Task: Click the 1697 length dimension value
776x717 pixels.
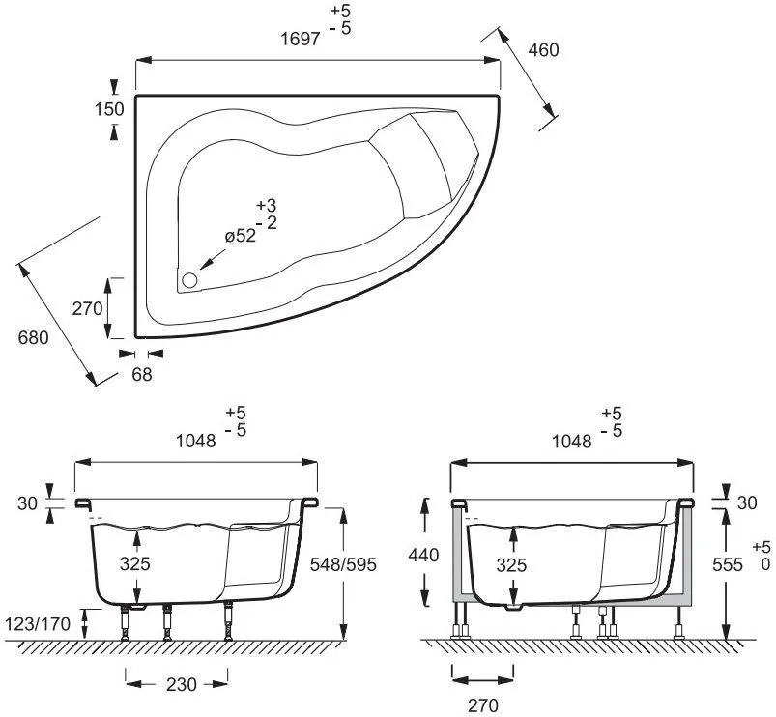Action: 301,39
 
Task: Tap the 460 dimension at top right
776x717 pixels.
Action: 543,50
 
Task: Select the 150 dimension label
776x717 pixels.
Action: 109,109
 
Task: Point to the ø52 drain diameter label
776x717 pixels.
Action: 241,236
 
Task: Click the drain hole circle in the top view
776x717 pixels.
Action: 189,280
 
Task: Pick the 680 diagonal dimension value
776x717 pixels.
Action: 33,338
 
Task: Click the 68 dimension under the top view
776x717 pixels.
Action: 141,375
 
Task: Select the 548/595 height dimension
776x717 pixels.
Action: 343,564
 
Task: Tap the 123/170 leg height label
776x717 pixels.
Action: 38,624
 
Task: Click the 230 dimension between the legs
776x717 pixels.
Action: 181,685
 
